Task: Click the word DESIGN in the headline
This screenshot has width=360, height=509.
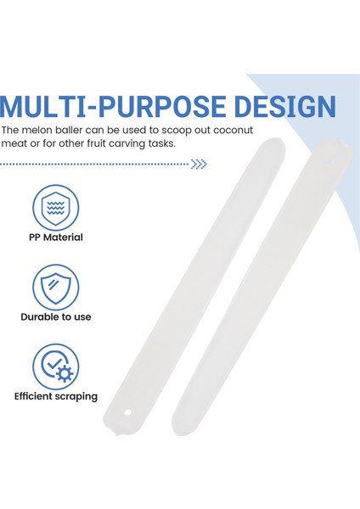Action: [x=285, y=107]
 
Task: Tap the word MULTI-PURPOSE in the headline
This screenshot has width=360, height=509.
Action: [x=113, y=107]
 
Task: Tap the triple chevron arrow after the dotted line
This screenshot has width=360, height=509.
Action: [x=199, y=164]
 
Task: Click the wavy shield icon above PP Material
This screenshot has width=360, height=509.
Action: [x=55, y=208]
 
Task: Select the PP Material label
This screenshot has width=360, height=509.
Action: [x=56, y=238]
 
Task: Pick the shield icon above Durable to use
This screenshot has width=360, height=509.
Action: [x=55, y=288]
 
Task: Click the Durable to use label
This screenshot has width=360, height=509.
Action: [x=56, y=316]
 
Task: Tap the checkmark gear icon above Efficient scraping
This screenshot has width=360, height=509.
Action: [x=55, y=366]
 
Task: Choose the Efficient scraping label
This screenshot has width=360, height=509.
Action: [x=56, y=397]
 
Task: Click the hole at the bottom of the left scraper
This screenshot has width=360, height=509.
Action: [x=128, y=412]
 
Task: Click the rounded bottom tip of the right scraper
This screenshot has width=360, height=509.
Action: [x=178, y=431]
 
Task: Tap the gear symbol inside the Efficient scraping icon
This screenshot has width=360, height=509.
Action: [x=65, y=373]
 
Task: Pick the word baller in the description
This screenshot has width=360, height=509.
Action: [x=69, y=130]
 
